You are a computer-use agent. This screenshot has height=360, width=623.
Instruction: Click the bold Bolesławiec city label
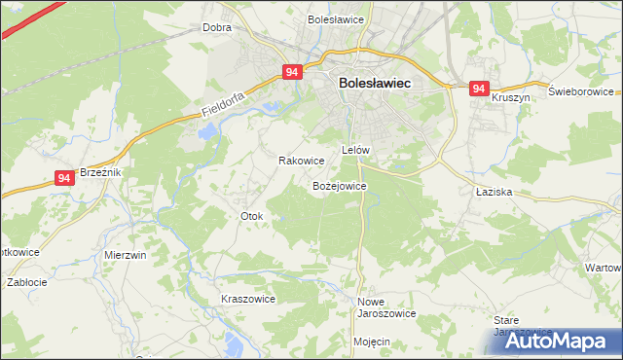point(375,84)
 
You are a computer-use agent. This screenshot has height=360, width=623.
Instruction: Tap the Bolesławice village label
point(335,18)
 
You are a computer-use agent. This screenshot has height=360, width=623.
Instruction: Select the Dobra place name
point(216,27)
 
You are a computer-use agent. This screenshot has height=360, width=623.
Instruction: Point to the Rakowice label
point(301,161)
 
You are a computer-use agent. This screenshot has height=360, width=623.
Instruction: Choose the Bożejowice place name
point(339,185)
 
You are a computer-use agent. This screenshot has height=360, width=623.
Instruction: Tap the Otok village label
point(251,215)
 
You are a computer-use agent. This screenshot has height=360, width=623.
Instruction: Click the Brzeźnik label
point(99,171)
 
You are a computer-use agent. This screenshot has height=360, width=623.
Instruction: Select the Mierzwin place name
point(125,254)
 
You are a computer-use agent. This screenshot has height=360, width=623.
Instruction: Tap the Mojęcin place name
point(372,342)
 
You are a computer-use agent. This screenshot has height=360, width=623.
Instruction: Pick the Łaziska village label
point(495,193)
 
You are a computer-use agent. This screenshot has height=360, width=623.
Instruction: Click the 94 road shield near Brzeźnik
point(64,178)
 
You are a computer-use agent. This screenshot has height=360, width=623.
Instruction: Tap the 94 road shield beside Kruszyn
point(478,89)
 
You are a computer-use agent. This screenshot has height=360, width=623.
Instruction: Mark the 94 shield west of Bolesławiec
point(293,72)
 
